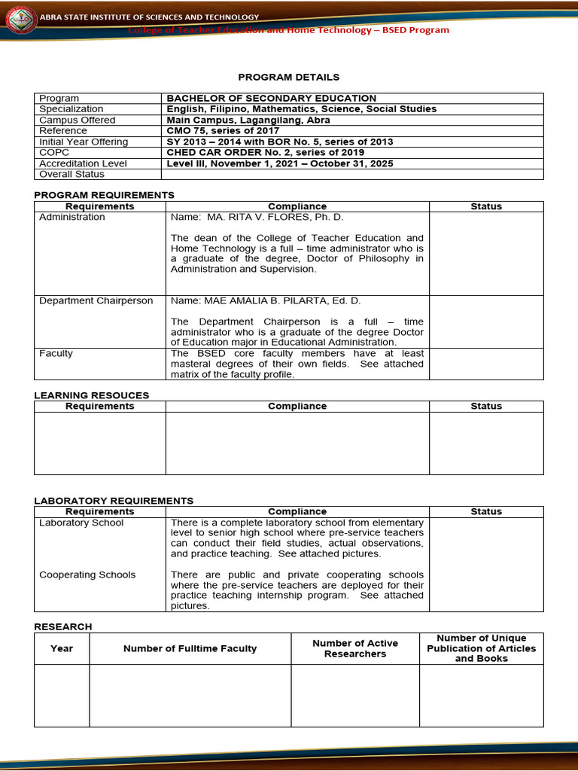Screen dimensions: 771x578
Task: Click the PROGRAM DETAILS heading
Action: pyautogui.click(x=289, y=77)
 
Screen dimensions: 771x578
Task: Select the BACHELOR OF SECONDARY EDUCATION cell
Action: pyautogui.click(x=271, y=99)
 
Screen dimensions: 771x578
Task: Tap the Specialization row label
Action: pyautogui.click(x=71, y=109)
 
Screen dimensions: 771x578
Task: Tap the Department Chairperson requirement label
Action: pyautogui.click(x=96, y=300)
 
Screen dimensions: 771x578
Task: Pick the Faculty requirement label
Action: pyautogui.click(x=56, y=353)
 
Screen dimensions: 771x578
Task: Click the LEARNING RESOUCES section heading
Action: pyautogui.click(x=92, y=395)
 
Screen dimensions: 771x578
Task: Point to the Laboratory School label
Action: pyautogui.click(x=81, y=523)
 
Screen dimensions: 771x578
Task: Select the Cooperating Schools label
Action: pyautogui.click(x=87, y=574)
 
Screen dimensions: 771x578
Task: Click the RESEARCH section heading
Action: pyautogui.click(x=63, y=626)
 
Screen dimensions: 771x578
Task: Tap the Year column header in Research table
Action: pyautogui.click(x=62, y=648)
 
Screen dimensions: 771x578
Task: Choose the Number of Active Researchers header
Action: pyautogui.click(x=355, y=648)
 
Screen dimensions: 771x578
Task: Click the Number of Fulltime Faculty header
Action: pyautogui.click(x=190, y=648)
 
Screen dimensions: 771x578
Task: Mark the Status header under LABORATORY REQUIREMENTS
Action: pyautogui.click(x=485, y=511)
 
